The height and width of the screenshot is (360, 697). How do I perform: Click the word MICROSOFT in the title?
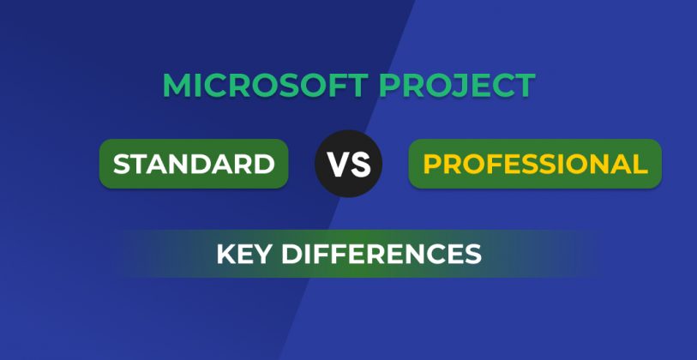coord(266,85)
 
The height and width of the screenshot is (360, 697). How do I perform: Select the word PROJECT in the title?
coord(457,85)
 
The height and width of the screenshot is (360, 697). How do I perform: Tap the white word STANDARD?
coord(194,164)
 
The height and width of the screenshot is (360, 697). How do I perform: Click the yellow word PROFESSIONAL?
coord(535,164)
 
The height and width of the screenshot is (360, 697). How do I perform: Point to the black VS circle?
coord(348,164)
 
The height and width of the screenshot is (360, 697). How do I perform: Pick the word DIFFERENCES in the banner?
coord(382,254)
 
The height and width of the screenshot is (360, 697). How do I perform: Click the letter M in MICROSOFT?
coord(177,85)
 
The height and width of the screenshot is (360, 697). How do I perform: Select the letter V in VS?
coord(339,164)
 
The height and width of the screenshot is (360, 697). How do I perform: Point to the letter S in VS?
coord(360,164)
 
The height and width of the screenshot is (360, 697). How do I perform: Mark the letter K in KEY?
coord(225,254)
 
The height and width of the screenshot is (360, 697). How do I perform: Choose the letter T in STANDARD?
coord(139,164)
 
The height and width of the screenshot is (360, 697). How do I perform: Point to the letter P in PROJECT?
coord(388,85)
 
